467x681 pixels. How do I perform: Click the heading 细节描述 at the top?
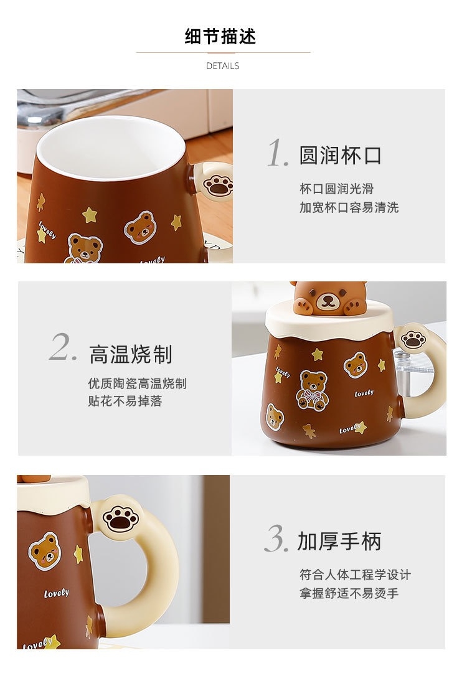click(220, 37)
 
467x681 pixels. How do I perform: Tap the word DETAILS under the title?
click(222, 66)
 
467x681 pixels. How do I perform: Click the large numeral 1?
click(278, 153)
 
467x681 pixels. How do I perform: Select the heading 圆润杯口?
click(340, 155)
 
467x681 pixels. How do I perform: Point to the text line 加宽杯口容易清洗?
click(349, 208)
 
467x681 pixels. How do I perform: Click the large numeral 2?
click(64, 347)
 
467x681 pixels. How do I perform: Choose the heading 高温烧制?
click(131, 354)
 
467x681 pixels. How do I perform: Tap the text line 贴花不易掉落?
click(125, 401)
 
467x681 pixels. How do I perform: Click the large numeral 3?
click(276, 538)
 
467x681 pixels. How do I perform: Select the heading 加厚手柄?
click(339, 541)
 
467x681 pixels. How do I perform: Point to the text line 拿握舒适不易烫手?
click(349, 593)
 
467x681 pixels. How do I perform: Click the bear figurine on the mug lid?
click(329, 298)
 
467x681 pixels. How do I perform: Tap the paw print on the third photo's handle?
click(120, 518)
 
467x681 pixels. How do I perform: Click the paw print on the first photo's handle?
click(218, 186)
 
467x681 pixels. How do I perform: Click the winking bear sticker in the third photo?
click(45, 551)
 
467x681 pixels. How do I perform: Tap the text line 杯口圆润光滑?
click(337, 189)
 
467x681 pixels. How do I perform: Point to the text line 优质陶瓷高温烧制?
click(137, 383)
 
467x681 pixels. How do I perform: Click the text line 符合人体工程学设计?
click(355, 575)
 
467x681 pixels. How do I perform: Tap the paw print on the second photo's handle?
click(413, 339)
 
